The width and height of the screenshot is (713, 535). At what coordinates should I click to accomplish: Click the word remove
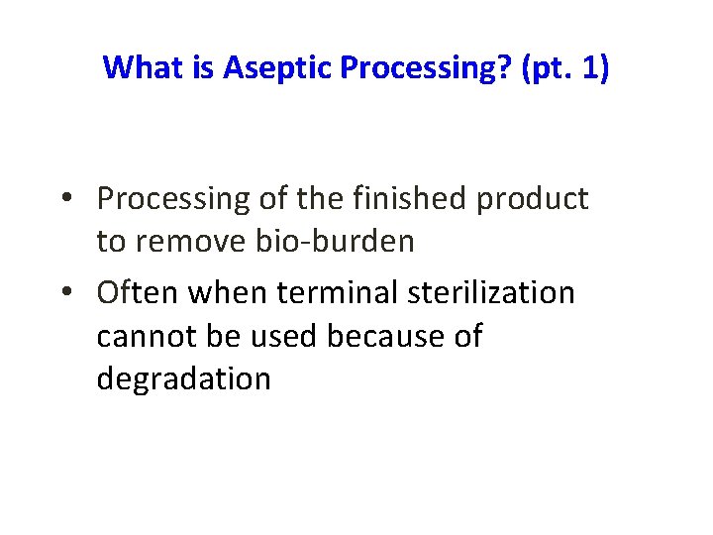[x=193, y=242]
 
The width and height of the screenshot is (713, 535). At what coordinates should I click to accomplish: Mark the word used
[x=289, y=336]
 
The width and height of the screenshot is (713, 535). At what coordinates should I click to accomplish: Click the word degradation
[x=183, y=379]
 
